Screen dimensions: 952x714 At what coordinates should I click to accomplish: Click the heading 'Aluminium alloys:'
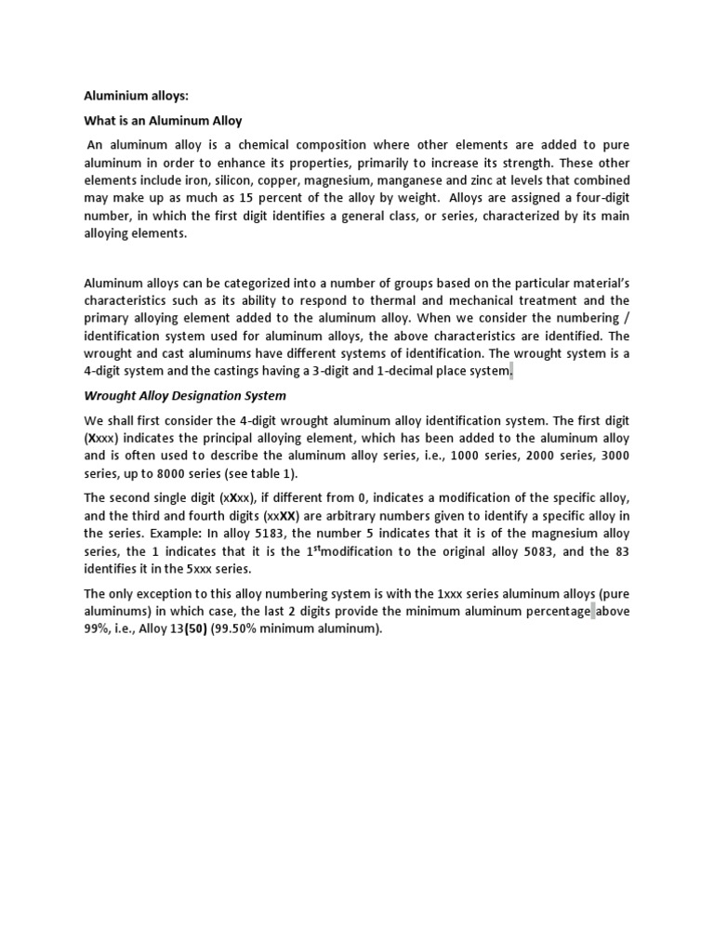coord(129,94)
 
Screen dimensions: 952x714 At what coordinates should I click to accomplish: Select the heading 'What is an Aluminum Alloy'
coord(163,120)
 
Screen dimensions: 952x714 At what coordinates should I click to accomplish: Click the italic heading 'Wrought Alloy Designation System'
coord(185,395)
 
